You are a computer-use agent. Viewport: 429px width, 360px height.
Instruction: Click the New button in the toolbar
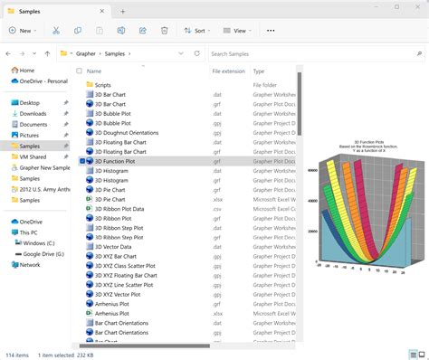point(21,30)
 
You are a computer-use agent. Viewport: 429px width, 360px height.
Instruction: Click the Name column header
point(94,71)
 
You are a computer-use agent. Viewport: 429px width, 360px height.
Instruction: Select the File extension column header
point(228,71)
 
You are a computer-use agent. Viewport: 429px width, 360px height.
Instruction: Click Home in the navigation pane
point(27,71)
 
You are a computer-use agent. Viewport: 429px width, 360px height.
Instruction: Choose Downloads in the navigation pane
point(33,113)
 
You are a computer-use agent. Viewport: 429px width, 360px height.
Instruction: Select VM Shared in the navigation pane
point(33,156)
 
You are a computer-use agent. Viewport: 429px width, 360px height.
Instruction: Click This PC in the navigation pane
point(29,232)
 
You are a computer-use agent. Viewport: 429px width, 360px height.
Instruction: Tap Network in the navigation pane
point(30,265)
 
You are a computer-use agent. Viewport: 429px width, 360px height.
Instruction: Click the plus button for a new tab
point(122,11)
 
